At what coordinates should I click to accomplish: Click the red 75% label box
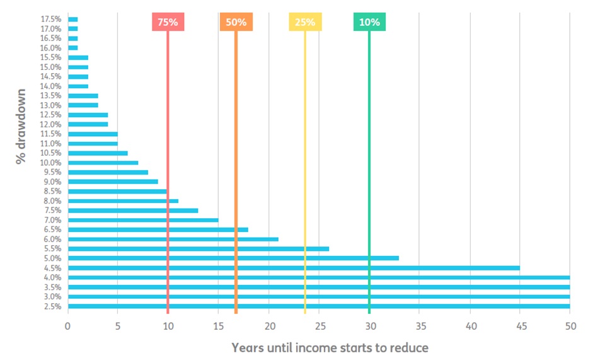tap(168, 22)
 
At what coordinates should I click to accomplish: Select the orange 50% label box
tap(236, 22)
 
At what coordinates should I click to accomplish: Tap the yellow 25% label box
tap(305, 22)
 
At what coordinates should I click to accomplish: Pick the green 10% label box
tap(369, 22)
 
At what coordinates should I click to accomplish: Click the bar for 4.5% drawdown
tap(294, 268)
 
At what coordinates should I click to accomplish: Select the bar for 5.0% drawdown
tap(233, 258)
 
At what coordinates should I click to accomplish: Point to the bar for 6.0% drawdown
tap(173, 239)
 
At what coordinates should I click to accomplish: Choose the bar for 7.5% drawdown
tap(133, 211)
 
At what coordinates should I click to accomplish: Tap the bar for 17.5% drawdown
tap(73, 20)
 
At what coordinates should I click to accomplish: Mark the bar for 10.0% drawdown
tap(103, 163)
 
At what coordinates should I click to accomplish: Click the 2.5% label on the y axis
tap(52, 307)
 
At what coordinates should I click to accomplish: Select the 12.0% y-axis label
tap(50, 125)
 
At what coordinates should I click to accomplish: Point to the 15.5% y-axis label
tap(50, 57)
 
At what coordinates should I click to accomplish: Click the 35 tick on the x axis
tap(420, 327)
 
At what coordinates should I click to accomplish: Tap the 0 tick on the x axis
tap(68, 327)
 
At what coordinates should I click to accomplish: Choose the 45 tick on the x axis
tap(521, 327)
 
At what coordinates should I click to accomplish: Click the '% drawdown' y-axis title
tap(21, 127)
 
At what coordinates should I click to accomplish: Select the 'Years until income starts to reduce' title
tap(330, 347)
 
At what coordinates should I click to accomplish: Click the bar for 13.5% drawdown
tap(83, 96)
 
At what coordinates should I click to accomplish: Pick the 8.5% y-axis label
tap(52, 192)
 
